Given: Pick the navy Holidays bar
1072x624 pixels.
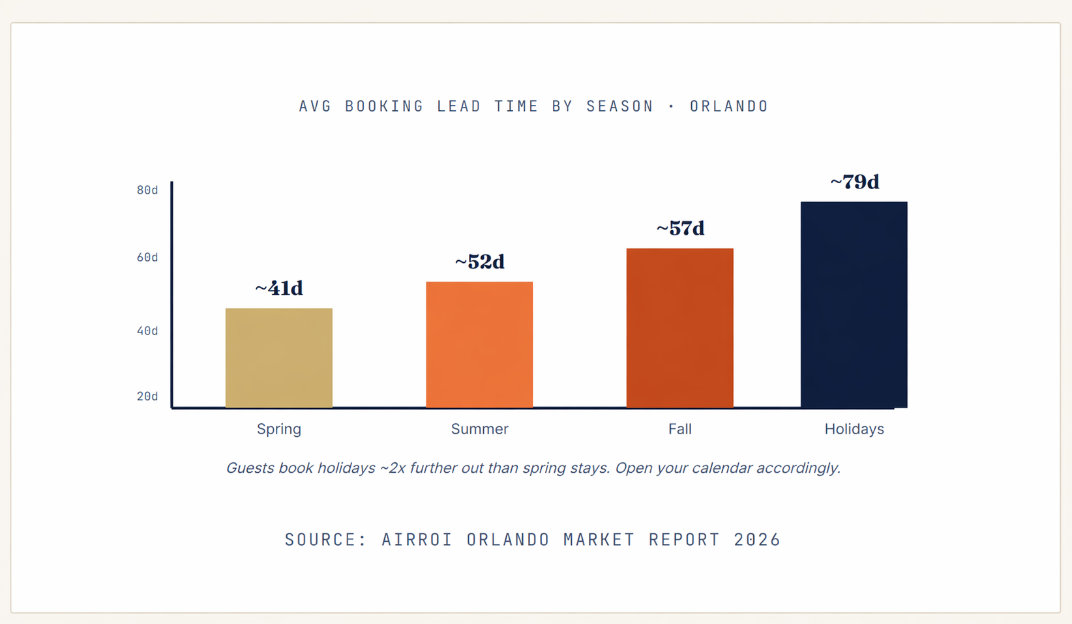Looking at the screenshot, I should click(x=854, y=305).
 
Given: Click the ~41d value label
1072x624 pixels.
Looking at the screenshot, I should click(x=278, y=288).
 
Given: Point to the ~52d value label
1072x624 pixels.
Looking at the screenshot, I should click(x=479, y=262).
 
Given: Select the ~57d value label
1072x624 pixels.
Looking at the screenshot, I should click(x=679, y=229).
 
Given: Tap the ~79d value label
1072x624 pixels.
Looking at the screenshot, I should click(x=854, y=182).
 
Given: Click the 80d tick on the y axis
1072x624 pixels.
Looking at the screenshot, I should click(x=147, y=190).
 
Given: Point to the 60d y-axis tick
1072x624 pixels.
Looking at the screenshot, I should click(x=147, y=258).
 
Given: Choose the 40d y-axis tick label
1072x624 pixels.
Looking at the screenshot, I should click(x=147, y=331).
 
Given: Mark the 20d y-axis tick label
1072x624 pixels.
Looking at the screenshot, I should click(x=147, y=396).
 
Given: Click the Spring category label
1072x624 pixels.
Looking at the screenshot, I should click(x=278, y=429).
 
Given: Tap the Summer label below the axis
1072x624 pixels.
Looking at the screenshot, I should click(x=479, y=429).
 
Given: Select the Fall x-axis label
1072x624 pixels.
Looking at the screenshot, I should click(x=679, y=429).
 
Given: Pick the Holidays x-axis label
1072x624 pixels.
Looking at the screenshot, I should click(x=854, y=429).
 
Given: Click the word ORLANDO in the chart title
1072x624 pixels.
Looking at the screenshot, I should click(x=729, y=106).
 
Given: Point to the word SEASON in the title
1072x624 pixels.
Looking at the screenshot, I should click(x=619, y=106).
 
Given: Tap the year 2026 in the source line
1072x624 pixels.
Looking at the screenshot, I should click(x=757, y=540).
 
